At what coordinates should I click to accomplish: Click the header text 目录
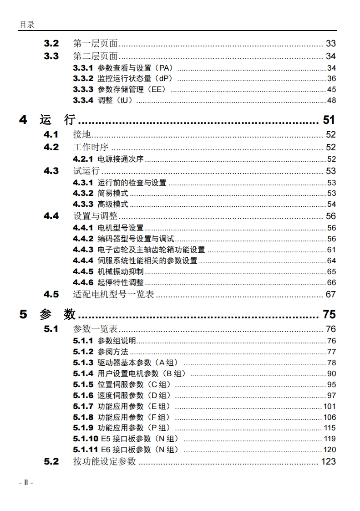(x=27, y=25)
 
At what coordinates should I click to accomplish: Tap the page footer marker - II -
(x=26, y=482)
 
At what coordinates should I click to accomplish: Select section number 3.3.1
(x=83, y=68)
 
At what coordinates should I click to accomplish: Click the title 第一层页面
(x=96, y=44)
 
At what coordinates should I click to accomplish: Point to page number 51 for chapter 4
(x=329, y=120)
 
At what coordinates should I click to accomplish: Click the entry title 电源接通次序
(x=121, y=159)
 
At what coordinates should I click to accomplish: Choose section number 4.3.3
(x=83, y=204)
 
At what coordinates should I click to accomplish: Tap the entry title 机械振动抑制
(x=121, y=271)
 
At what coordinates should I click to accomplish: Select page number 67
(x=330, y=294)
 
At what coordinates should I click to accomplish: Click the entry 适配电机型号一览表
(x=114, y=294)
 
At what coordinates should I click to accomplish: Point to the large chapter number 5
(x=23, y=314)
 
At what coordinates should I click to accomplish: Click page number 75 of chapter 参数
(x=329, y=314)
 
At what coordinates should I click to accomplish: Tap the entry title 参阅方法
(x=113, y=352)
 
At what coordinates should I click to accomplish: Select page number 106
(x=330, y=417)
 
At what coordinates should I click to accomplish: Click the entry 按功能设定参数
(x=105, y=461)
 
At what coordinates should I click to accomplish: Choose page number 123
(x=328, y=461)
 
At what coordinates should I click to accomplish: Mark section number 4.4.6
(x=83, y=282)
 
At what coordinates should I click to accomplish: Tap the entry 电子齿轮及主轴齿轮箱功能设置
(x=152, y=250)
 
